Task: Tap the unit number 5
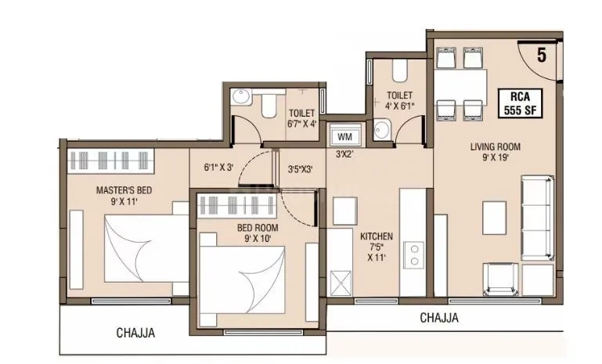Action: point(541,55)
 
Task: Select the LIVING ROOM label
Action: point(495,152)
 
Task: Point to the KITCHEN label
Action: point(376,245)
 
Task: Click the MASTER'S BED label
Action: point(124,196)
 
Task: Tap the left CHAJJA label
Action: point(135,333)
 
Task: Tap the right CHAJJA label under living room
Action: point(438,318)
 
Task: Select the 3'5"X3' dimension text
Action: point(301,168)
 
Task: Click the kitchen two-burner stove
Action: point(413,255)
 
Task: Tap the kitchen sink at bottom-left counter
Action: point(340,282)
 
